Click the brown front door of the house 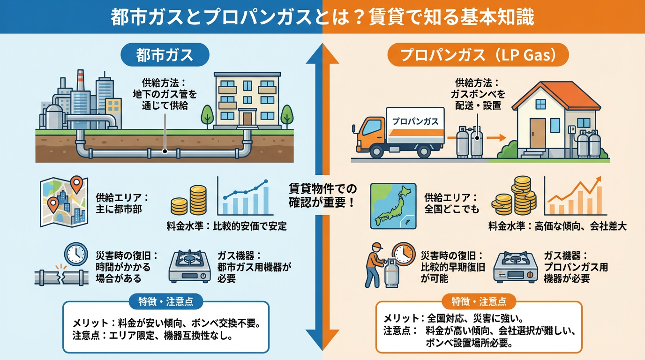tap(537, 133)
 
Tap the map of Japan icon tap(393, 206)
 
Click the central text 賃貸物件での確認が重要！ tap(322, 196)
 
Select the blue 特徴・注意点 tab tap(165, 301)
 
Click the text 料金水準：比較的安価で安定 tap(226, 226)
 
